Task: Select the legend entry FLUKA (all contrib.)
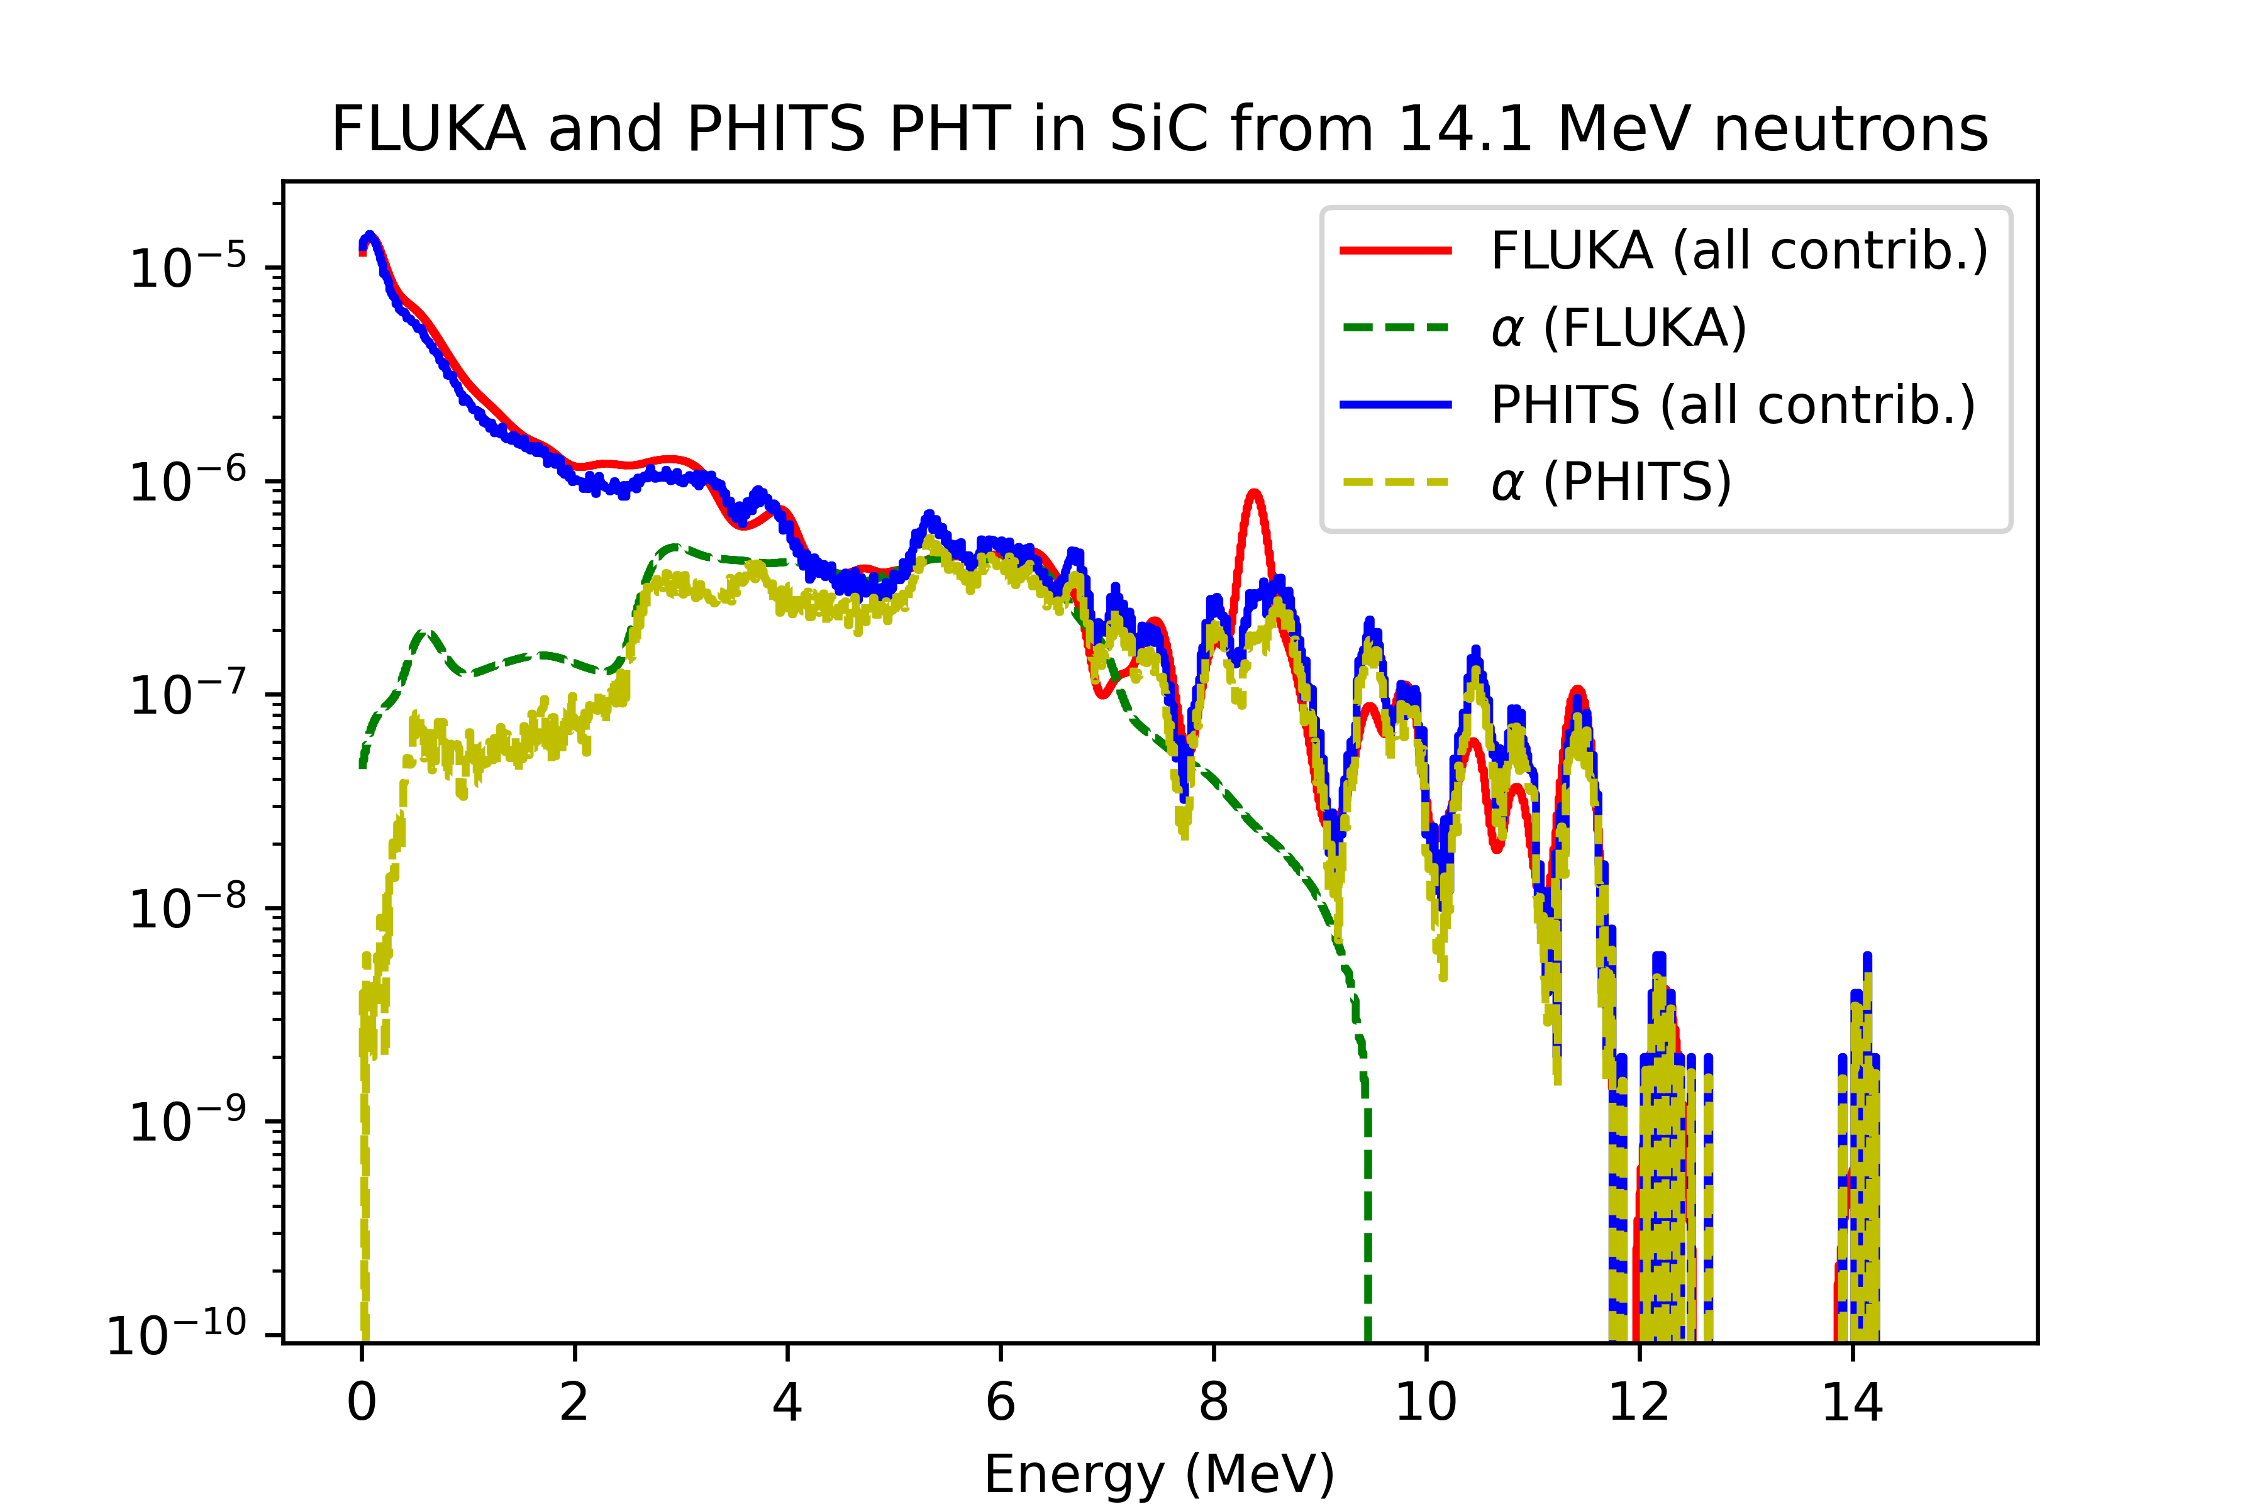[x=1738, y=251]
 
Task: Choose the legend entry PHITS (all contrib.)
[x=1733, y=405]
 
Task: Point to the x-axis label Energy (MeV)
[x=1159, y=1473]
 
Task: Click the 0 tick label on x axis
[x=362, y=1403]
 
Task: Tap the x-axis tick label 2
[x=575, y=1403]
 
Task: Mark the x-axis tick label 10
[x=1426, y=1403]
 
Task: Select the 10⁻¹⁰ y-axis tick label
[x=177, y=1334]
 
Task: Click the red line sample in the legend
[x=1396, y=251]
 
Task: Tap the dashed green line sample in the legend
[x=1396, y=328]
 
